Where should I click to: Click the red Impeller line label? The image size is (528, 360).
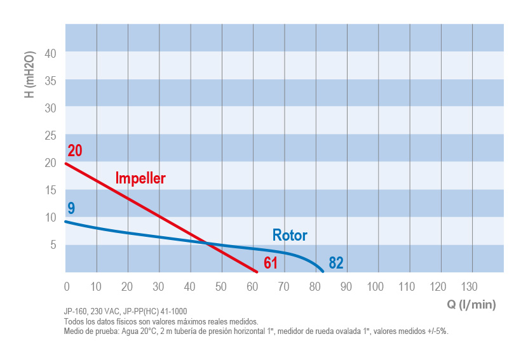140,178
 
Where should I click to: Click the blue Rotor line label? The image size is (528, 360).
290,236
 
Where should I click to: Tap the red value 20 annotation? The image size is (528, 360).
75,151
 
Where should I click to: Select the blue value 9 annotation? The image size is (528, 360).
71,208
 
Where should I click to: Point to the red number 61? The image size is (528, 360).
271,263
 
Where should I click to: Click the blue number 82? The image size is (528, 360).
336,263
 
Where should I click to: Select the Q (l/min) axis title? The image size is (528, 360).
471,304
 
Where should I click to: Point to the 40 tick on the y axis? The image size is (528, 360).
51,54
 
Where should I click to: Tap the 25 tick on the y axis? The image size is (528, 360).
51,135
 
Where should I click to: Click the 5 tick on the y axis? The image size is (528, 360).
54,244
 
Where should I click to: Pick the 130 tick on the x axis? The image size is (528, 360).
470,286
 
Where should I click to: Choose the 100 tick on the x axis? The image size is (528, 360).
376,286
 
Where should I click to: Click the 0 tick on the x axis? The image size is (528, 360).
66,286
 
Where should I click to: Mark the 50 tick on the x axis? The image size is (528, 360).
221,286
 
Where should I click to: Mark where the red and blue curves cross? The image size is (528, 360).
207,243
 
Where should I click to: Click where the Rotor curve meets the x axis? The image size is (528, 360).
323,272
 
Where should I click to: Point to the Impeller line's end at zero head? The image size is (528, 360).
257,272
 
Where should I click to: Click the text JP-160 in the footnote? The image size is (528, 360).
76,312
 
